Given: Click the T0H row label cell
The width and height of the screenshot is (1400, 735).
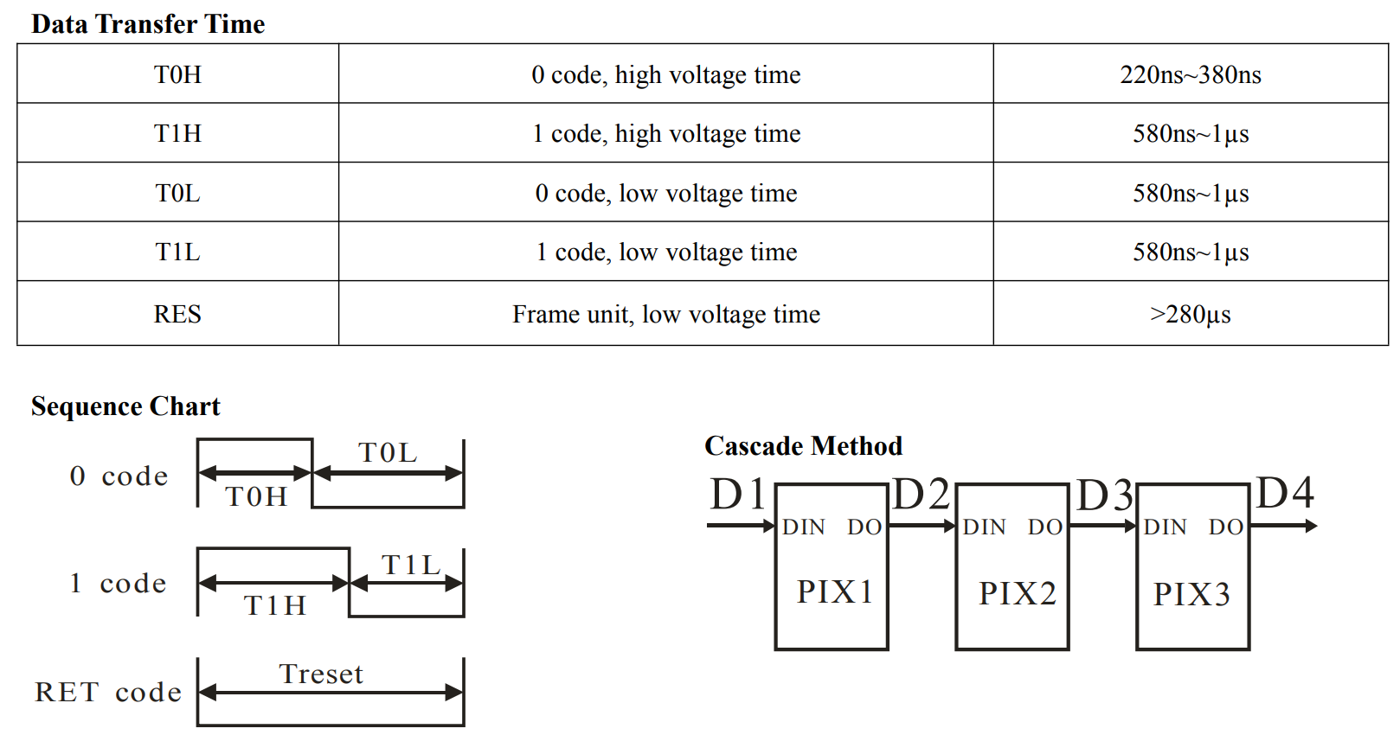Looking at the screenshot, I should click(177, 74).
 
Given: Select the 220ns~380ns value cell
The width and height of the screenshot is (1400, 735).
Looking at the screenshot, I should click(1190, 74).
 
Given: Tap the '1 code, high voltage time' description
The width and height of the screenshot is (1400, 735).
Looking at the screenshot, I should click(665, 133).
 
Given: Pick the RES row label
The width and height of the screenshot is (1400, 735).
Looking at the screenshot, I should click(177, 314).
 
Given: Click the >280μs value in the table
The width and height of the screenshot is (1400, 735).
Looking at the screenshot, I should click(1190, 314).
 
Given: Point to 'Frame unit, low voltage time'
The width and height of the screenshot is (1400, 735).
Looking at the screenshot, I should click(665, 314).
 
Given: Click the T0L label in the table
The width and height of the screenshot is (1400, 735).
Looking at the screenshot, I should click(177, 193).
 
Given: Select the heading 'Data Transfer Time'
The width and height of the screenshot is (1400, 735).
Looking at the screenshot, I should click(148, 23).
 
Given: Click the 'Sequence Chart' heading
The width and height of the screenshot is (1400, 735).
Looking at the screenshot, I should click(125, 406).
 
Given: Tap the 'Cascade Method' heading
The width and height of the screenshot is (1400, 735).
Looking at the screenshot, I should click(803, 446).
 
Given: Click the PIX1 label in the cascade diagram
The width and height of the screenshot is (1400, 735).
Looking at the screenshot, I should click(835, 592).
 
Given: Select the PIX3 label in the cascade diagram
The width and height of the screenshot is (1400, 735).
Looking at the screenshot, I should click(1191, 594).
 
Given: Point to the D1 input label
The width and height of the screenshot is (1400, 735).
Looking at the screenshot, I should click(738, 495).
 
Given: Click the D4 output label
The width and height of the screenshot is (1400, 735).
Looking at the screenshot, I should click(1285, 494).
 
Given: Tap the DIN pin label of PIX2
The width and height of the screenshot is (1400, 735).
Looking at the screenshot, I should click(984, 527).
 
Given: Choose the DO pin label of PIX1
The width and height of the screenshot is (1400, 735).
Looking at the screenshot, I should click(864, 527).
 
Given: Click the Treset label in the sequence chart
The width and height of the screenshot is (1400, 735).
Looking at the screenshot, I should click(321, 674).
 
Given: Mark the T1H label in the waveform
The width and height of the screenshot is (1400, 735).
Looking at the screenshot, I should click(275, 605).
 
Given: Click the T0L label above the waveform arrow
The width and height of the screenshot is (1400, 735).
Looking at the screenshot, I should click(388, 452).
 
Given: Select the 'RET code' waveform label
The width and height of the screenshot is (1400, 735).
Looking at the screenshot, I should click(108, 692).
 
